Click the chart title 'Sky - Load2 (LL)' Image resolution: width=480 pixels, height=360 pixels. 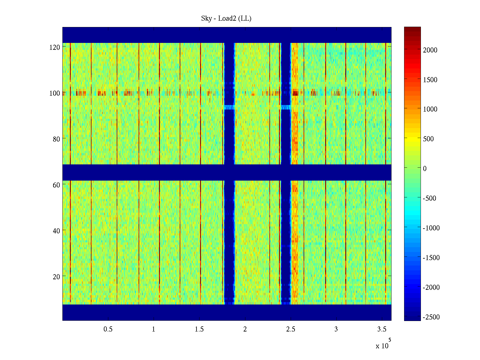pos(226,19)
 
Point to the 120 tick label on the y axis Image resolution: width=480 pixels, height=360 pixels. pos(55,47)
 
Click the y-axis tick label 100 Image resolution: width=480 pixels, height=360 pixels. pos(55,93)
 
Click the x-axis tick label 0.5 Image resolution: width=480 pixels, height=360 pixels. pos(108,329)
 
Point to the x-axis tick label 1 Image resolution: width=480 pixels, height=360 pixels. pos(154,329)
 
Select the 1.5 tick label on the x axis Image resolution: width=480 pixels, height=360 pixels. pos(199,329)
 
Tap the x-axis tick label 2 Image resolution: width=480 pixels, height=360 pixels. pos(245,329)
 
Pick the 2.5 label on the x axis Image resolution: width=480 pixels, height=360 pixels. pos(291,329)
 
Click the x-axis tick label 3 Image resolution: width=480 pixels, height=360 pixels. pos(336,329)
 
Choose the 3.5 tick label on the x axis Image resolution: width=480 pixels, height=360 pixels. pos(382,329)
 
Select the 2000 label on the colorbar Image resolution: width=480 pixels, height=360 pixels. pos(430,50)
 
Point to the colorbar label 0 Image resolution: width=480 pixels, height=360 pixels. pos(425,169)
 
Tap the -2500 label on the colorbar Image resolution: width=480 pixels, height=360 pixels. pos(431,317)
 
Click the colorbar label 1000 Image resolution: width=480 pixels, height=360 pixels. pos(430,109)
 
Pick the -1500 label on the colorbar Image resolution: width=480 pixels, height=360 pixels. pos(431,258)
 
